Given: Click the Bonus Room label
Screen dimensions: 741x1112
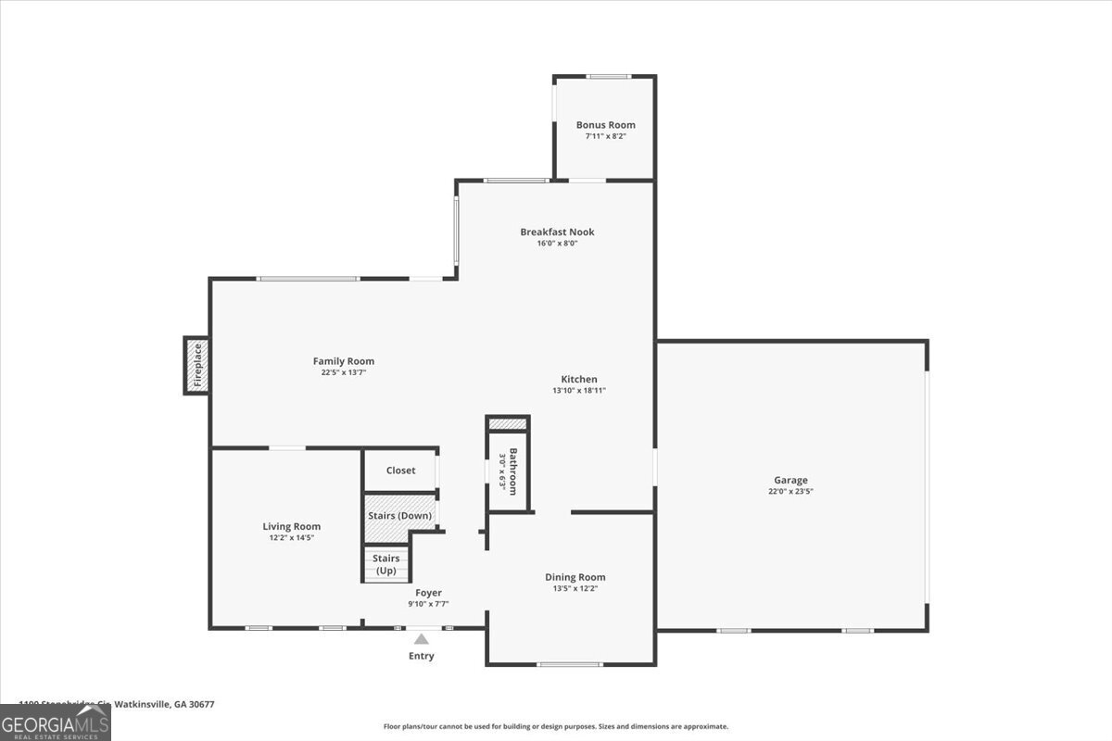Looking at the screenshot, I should (x=605, y=125).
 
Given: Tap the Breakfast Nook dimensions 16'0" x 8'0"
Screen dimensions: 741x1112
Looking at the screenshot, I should (x=557, y=244).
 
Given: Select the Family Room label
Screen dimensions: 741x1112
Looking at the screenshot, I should (x=343, y=361).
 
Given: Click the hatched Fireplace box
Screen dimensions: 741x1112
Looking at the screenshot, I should (x=196, y=365).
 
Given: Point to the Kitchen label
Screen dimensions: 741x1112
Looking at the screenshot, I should (x=579, y=379).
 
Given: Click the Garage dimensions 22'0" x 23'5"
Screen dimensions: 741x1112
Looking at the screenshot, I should (x=790, y=492).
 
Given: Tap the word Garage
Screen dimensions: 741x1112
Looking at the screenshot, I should (x=790, y=480).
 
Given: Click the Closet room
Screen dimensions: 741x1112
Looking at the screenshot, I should (x=400, y=471).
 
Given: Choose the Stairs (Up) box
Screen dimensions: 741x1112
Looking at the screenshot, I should (x=385, y=564).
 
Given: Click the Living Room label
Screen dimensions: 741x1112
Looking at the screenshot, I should (x=291, y=526).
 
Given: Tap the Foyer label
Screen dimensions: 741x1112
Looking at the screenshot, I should (x=428, y=593).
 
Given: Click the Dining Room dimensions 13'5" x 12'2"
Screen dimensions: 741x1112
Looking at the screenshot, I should (x=575, y=588).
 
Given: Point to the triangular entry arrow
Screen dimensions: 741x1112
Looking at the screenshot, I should (x=421, y=638).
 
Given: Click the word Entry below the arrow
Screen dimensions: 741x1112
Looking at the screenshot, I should (x=421, y=656).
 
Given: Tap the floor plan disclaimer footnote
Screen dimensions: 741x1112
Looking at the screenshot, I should (x=556, y=726).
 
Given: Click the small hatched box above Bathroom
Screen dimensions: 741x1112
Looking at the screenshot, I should (x=507, y=424).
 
